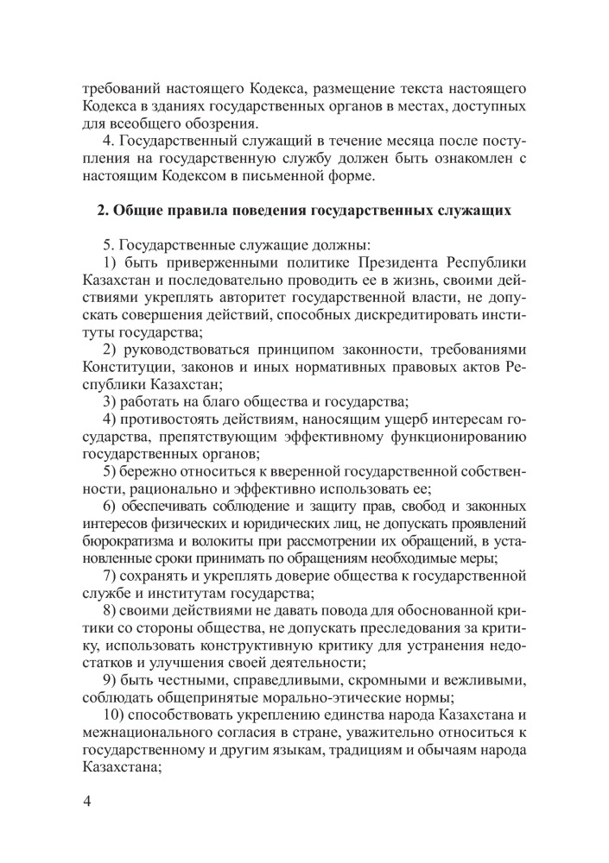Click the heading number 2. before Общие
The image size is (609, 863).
[103, 210]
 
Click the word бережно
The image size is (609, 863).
[152, 470]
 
